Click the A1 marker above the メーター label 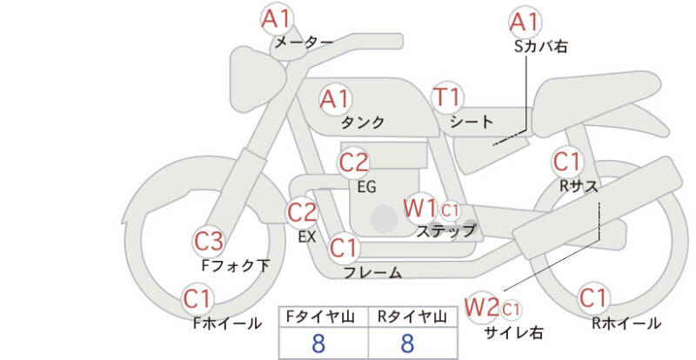(276, 19)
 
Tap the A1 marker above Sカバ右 (525, 22)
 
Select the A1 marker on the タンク (335, 99)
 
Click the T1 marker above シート (447, 97)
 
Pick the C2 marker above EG (354, 163)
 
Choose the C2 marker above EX (302, 212)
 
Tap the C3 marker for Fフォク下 (209, 242)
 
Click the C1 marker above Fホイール (197, 299)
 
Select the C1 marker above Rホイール (593, 298)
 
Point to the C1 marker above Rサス (567, 162)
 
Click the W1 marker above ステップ (419, 208)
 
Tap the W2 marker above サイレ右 (482, 307)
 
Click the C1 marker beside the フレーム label (344, 248)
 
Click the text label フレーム (373, 272)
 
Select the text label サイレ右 (514, 332)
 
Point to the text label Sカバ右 (540, 47)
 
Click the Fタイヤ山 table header (320, 317)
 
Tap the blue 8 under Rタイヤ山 (407, 343)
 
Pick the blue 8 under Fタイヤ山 (318, 343)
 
